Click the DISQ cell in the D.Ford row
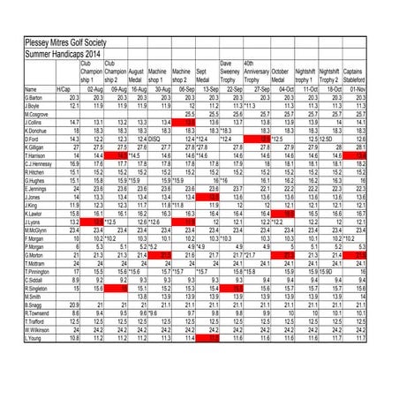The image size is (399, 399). point(155,139)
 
